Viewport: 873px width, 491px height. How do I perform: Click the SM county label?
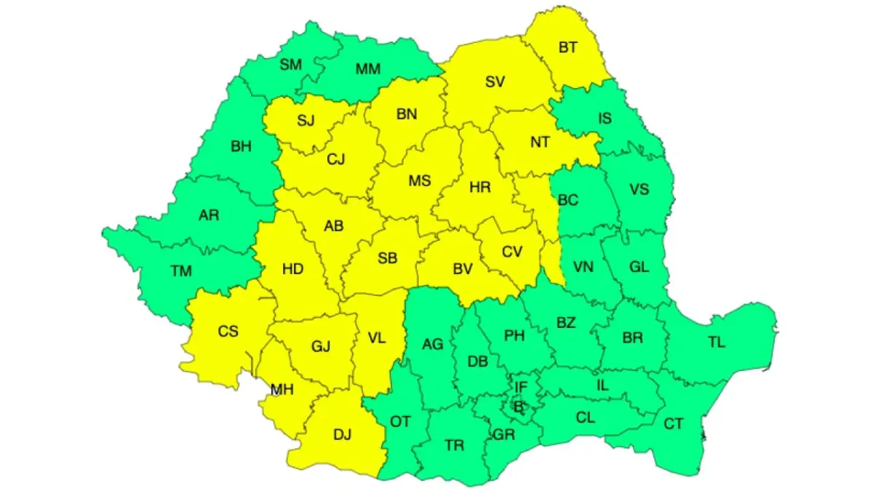point(290,64)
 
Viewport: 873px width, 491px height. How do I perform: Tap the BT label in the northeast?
point(568,47)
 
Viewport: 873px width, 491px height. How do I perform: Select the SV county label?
point(495,81)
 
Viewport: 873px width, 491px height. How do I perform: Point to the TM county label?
point(181,271)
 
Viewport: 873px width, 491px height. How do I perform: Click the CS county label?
point(228,331)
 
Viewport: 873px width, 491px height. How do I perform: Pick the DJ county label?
point(342,435)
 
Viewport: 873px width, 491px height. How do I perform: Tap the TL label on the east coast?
point(717,343)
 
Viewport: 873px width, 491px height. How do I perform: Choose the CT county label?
point(674,423)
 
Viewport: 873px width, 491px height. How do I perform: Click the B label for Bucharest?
point(519,407)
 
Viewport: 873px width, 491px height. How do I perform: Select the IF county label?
point(521,387)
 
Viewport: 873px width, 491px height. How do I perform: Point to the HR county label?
point(480,187)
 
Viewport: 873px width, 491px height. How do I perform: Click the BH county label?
point(241,146)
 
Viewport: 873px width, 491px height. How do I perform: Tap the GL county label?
point(639,267)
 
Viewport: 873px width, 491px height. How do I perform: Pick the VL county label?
point(377,338)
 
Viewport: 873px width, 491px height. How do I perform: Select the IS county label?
point(605,119)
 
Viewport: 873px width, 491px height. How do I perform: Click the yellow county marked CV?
point(512,252)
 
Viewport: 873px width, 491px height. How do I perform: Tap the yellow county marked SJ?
point(306,121)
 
